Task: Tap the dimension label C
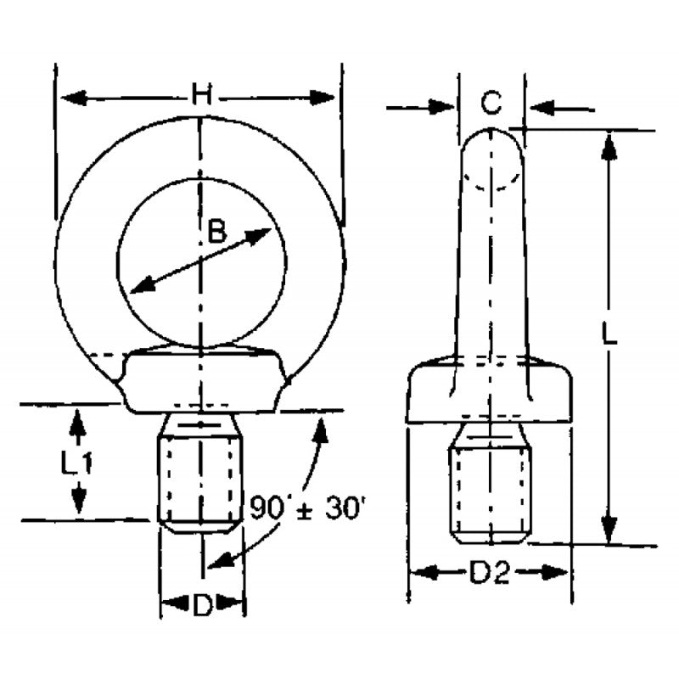pos(491,104)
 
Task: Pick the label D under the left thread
pos(202,605)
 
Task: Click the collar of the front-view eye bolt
pos(201,382)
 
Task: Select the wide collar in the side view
pos(490,395)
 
